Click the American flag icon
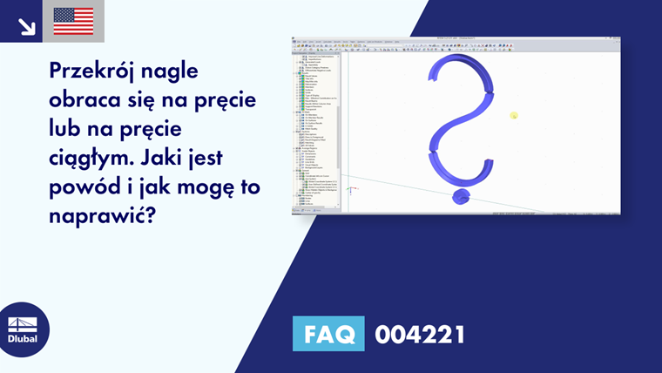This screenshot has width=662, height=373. (x=73, y=21)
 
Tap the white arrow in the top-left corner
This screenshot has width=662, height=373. (x=26, y=25)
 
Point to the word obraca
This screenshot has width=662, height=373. (x=90, y=101)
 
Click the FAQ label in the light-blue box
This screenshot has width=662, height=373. (x=328, y=334)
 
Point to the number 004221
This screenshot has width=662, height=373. (x=419, y=334)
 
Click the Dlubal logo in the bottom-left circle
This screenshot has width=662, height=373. (x=23, y=329)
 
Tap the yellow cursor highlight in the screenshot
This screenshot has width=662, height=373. (x=515, y=115)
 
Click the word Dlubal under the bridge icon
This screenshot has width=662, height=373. (x=23, y=339)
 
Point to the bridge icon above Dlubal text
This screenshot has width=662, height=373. (x=23, y=322)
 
